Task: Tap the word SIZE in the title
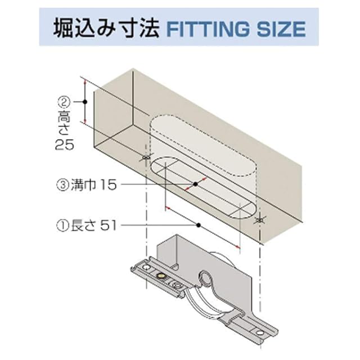point(282,28)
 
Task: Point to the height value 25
point(65,145)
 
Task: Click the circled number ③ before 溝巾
point(63,184)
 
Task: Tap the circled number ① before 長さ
point(63,226)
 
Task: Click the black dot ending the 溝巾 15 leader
point(195,183)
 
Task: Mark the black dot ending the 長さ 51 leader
point(199,225)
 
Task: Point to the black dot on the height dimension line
point(84,102)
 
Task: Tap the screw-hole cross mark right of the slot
point(259,219)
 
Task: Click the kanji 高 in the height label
point(64,116)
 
